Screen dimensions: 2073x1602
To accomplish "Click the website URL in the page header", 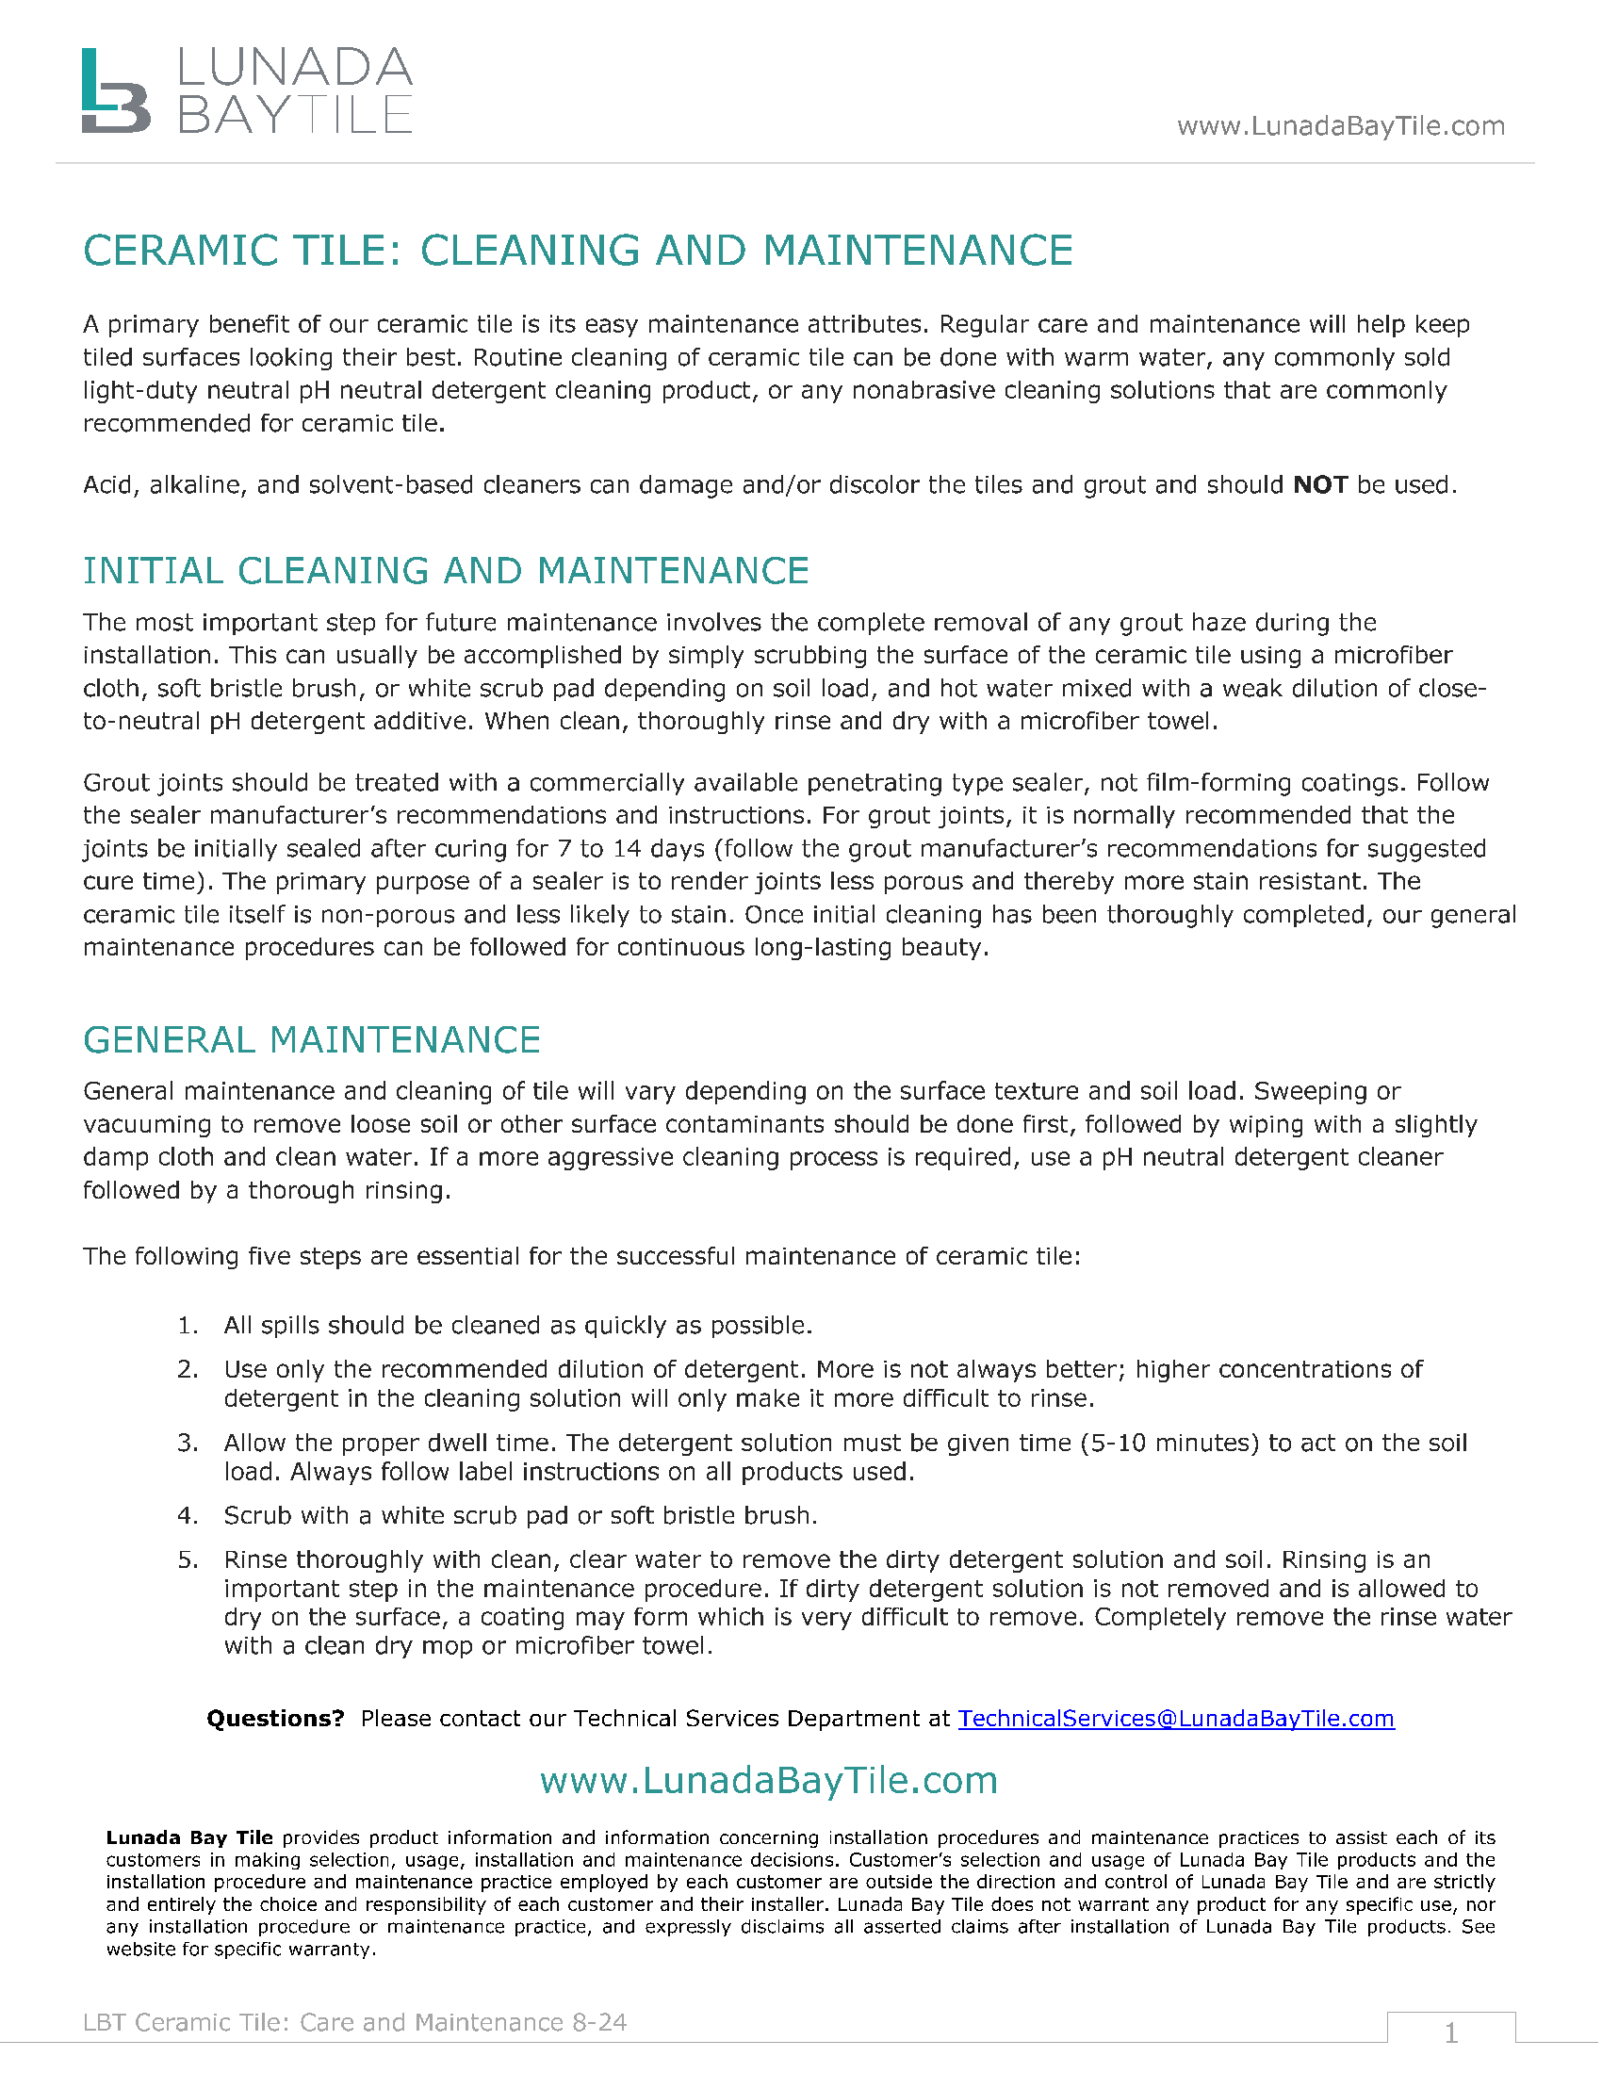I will pos(1340,126).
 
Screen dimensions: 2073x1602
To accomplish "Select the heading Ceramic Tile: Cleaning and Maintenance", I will pos(577,251).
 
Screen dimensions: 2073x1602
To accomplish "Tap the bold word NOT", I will pos(1320,485).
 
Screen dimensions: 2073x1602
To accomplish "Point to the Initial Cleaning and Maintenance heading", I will pos(445,571).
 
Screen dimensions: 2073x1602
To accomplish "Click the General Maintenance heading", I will pos(311,1040).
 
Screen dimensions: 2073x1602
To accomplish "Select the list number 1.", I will pos(187,1326).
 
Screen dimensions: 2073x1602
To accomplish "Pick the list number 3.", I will pos(187,1444).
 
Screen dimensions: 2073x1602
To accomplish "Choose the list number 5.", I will pos(187,1560).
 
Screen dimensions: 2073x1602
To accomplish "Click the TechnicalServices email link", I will pos(1176,1719).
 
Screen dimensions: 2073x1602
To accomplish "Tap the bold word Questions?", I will pos(275,1719).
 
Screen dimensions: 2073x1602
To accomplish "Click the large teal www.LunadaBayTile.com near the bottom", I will pos(769,1781).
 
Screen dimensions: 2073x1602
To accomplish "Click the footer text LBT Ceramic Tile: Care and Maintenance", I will pos(354,2023).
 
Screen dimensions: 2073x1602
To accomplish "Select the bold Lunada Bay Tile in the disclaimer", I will pos(188,1837).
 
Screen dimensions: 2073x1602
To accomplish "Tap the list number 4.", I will pos(187,1516).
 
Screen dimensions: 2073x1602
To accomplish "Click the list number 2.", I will pos(187,1370).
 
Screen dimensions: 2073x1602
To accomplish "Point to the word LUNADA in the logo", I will pos(294,69).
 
